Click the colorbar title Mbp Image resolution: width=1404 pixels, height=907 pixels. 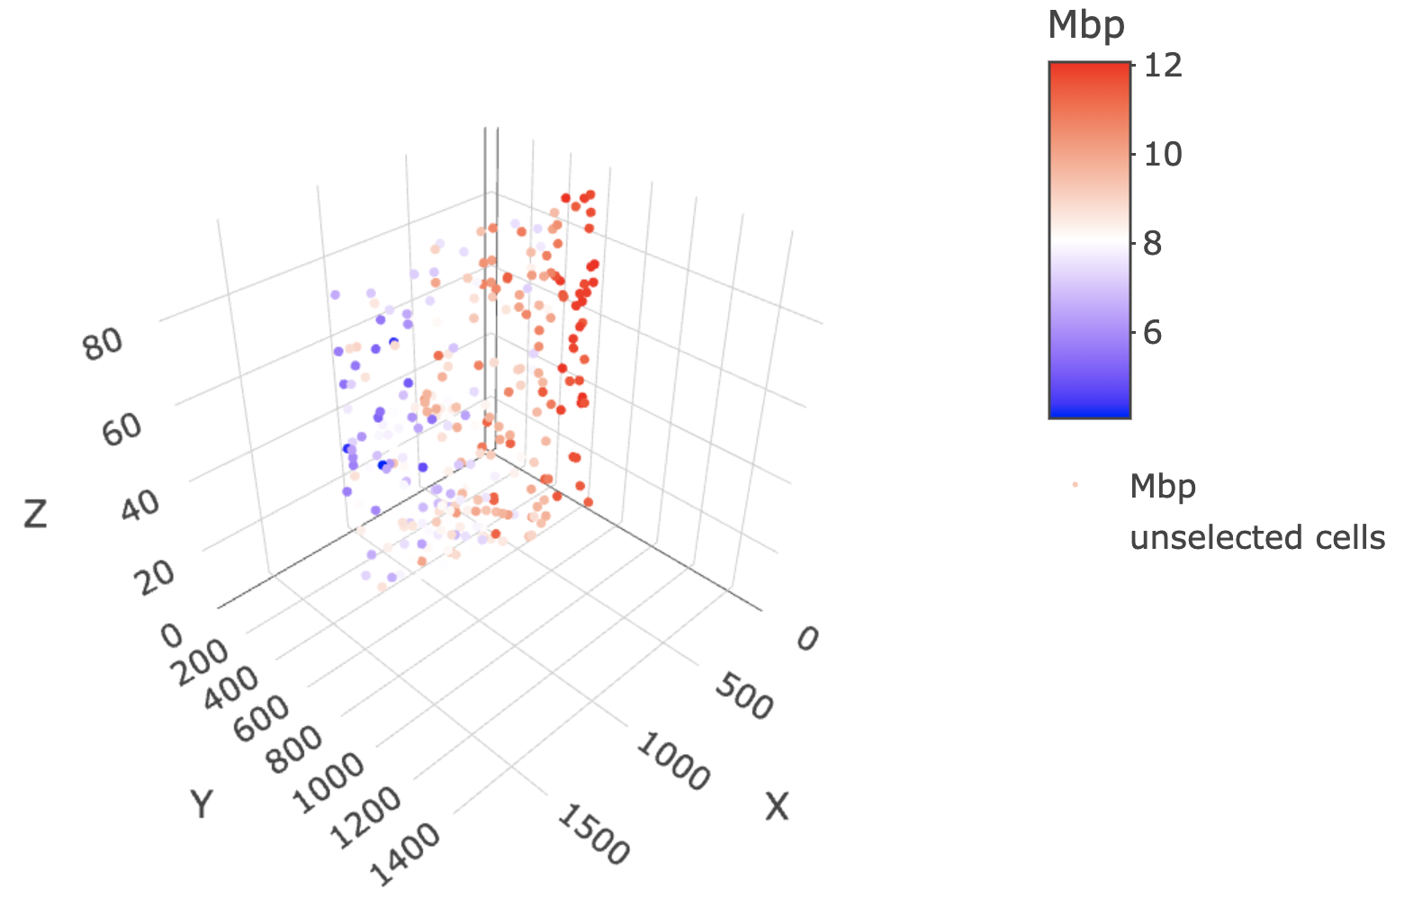(1086, 25)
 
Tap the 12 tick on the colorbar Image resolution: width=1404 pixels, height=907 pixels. (1162, 65)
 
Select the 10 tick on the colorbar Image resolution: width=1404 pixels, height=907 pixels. (1162, 154)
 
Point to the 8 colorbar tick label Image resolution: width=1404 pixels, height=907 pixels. (1152, 243)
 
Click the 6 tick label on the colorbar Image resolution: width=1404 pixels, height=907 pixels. (1152, 332)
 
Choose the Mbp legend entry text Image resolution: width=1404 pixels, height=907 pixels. (1163, 487)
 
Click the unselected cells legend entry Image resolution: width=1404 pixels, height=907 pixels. (1256, 538)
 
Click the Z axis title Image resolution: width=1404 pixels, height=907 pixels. (35, 515)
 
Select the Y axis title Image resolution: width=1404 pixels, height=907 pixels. (202, 803)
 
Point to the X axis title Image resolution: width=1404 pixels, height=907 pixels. (777, 807)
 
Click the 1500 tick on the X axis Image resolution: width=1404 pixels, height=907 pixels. (592, 835)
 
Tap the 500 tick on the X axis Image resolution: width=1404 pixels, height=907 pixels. (744, 698)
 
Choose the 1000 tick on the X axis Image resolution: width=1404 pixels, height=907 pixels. (671, 761)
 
